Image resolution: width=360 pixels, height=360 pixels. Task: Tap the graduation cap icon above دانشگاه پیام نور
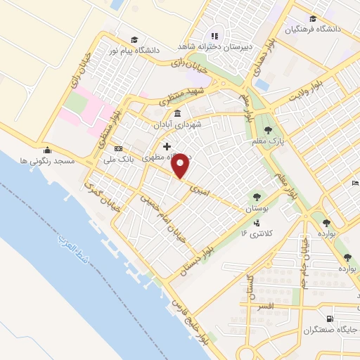tap(134, 39)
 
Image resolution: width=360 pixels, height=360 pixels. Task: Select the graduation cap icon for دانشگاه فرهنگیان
tap(312, 19)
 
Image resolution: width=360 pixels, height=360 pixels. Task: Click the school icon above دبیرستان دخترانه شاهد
tap(214, 34)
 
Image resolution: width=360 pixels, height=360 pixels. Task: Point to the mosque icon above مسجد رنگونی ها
tap(47, 150)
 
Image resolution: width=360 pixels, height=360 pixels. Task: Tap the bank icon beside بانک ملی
tap(117, 148)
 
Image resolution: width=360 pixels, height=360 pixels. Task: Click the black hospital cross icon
tap(167, 146)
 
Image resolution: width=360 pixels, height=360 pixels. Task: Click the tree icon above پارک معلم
tap(267, 129)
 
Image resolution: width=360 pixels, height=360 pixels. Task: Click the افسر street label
tap(275, 307)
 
